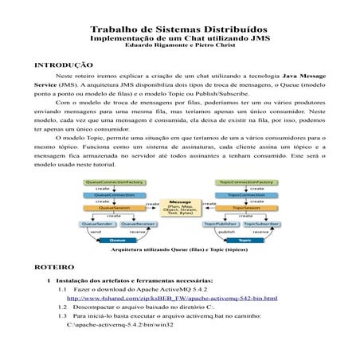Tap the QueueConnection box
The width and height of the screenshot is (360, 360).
point(114,195)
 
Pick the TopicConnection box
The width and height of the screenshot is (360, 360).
point(248,195)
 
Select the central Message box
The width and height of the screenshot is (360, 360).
point(180,209)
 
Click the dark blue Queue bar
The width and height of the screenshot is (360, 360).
point(114,240)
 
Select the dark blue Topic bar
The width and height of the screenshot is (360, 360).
point(248,240)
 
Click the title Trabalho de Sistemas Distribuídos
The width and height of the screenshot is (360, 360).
point(181,27)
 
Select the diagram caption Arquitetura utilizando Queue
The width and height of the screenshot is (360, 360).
point(180,249)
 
